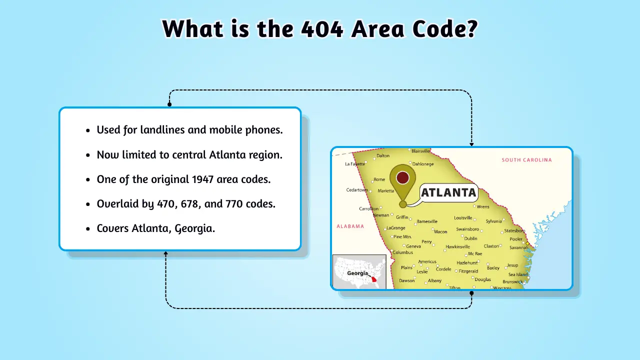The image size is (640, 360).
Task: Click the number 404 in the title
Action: (x=322, y=29)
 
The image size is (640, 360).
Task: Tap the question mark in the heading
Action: (x=470, y=28)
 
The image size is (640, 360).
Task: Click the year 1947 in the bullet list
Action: (x=202, y=179)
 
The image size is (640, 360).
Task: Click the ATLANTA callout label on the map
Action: (x=448, y=192)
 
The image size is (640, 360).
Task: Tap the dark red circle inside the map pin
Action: (x=402, y=177)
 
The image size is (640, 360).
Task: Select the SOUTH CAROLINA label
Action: (x=526, y=160)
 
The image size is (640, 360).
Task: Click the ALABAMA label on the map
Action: (x=350, y=226)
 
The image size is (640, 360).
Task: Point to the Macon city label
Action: (x=440, y=231)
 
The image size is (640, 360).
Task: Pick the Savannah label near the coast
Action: (x=518, y=247)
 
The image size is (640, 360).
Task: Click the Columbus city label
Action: (x=403, y=252)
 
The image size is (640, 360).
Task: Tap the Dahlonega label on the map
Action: (x=423, y=164)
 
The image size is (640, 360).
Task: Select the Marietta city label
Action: (x=385, y=191)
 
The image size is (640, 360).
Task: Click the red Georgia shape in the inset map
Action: (x=374, y=279)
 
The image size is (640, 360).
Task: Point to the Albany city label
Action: (x=434, y=280)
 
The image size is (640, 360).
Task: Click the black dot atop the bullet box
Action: (x=169, y=104)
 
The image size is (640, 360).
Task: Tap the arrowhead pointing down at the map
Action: (x=471, y=144)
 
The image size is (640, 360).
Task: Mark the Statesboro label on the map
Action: (x=514, y=231)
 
